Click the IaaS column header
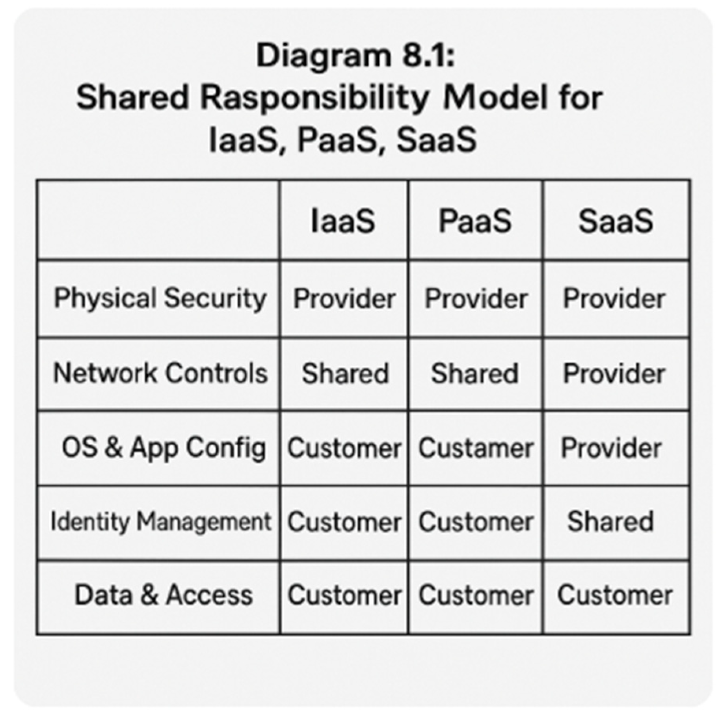[x=342, y=221]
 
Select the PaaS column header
[x=475, y=221]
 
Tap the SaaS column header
[x=615, y=221]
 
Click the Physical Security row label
[x=160, y=298]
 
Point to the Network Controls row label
[x=160, y=373]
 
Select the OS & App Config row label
[x=164, y=448]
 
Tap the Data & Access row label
[x=164, y=595]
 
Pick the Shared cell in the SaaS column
[x=610, y=522]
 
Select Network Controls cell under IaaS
[x=345, y=373]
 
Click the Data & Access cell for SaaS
[x=615, y=595]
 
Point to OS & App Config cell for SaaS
[x=611, y=448]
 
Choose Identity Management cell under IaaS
[x=344, y=522]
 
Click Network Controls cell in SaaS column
[x=614, y=373]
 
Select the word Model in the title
[x=495, y=98]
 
